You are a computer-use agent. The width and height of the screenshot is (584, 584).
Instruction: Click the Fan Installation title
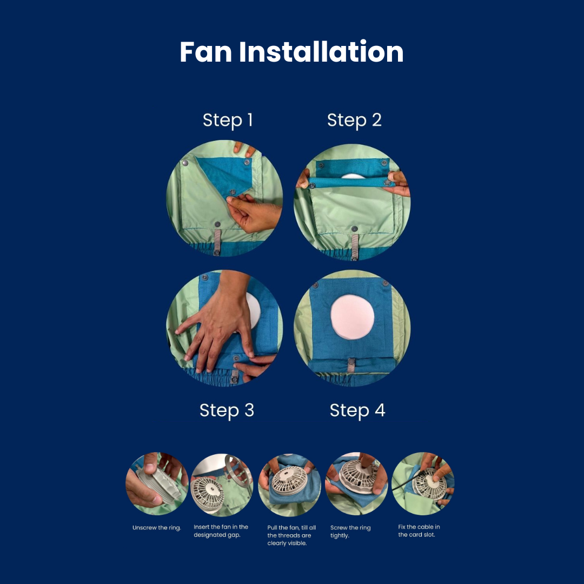tap(291, 51)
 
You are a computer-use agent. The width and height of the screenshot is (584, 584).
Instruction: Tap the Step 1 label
tap(228, 120)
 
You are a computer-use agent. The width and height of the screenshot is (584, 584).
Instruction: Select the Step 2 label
tap(354, 120)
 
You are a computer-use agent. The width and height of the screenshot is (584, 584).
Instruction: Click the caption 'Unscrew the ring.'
tap(156, 528)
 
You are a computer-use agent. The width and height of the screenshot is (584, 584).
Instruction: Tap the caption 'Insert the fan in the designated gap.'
tap(221, 531)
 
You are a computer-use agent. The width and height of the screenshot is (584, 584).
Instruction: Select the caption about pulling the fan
tap(291, 535)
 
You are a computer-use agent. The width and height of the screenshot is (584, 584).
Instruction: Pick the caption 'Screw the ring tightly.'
tap(350, 532)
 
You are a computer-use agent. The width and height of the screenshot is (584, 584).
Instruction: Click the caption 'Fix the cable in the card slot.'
tap(419, 531)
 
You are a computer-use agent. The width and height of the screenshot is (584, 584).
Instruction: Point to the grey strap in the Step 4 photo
tap(351, 365)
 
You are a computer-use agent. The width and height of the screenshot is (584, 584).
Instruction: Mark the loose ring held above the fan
tap(237, 470)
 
